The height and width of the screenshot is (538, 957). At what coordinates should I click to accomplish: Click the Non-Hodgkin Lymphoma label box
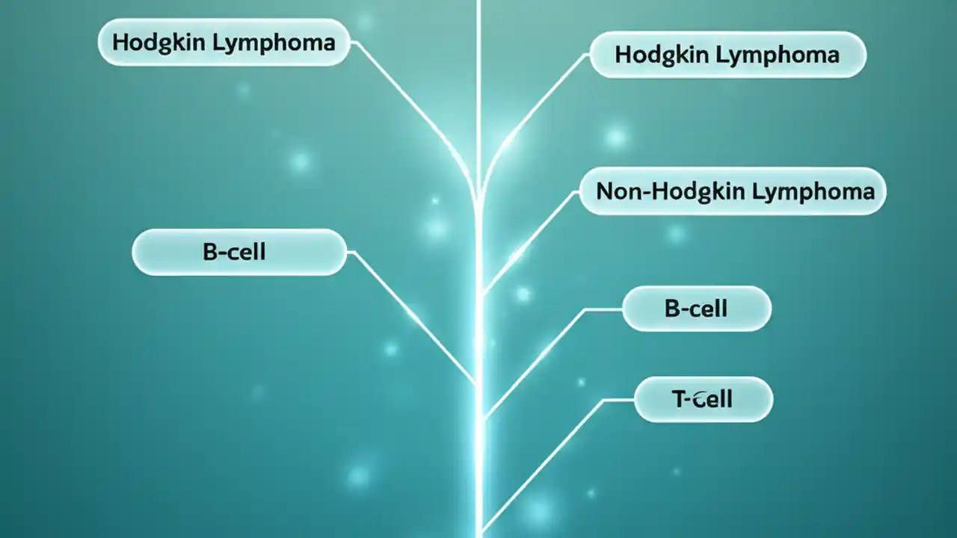733,191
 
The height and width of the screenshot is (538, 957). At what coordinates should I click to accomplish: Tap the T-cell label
703,400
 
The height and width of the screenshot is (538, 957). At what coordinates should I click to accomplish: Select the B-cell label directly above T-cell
696,308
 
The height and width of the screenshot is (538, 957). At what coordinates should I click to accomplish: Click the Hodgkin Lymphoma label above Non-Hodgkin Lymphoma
727,55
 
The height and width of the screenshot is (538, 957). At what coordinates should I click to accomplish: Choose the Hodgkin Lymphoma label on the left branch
224,43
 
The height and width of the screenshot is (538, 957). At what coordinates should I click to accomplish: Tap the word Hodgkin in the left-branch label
159,43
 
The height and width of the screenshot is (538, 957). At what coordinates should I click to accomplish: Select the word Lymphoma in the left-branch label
274,43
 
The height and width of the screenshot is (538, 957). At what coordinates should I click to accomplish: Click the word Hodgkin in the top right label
662,55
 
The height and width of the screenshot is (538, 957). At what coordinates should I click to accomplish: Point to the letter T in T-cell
679,400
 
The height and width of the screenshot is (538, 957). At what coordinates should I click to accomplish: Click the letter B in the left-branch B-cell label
209,252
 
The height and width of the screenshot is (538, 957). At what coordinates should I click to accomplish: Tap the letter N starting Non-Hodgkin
605,191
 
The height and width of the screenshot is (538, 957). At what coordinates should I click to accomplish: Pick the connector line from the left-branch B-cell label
411,314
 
